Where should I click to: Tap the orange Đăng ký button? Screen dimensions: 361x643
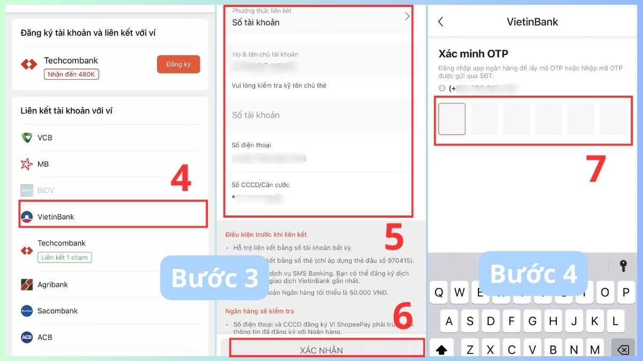pos(178,64)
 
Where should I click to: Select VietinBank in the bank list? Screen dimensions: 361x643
pos(56,217)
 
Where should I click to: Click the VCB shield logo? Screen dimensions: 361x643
pos(27,137)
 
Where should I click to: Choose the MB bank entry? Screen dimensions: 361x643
pos(43,164)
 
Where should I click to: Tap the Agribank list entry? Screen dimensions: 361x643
pos(53,285)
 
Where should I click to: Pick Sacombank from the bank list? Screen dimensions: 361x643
pos(57,311)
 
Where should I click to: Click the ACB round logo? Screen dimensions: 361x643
pos(27,337)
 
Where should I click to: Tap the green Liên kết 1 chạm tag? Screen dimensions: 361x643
pos(64,257)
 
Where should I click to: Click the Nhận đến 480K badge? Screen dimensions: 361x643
pos(71,74)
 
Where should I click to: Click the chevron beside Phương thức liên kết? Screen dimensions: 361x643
pos(407,16)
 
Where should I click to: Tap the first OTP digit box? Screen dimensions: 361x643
pos(452,119)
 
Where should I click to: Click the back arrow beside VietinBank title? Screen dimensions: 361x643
pos(440,22)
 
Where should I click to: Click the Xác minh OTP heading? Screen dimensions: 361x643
pos(473,53)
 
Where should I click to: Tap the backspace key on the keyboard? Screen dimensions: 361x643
pos(623,349)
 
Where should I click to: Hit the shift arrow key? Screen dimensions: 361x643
pos(442,349)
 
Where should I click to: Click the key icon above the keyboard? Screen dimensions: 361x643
pos(623,266)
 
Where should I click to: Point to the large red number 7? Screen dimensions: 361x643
pos(596,170)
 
